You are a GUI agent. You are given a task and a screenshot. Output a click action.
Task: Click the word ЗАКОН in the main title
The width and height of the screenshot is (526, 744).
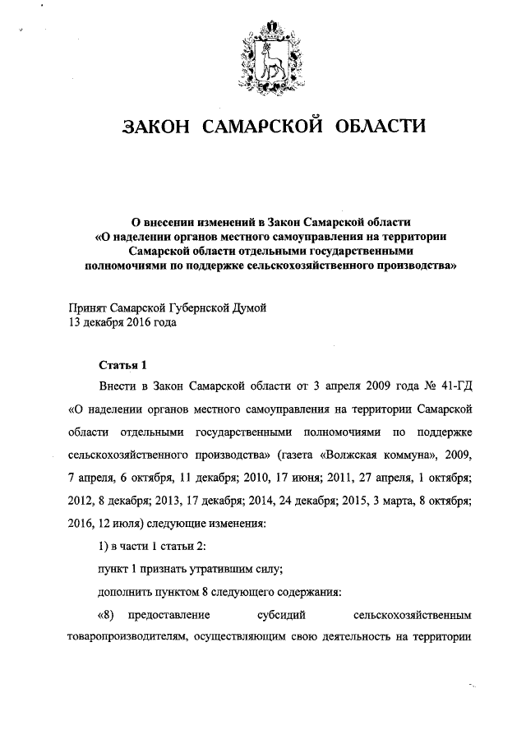click(x=157, y=127)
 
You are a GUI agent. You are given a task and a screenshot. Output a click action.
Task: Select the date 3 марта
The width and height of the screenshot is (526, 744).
click(x=393, y=499)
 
